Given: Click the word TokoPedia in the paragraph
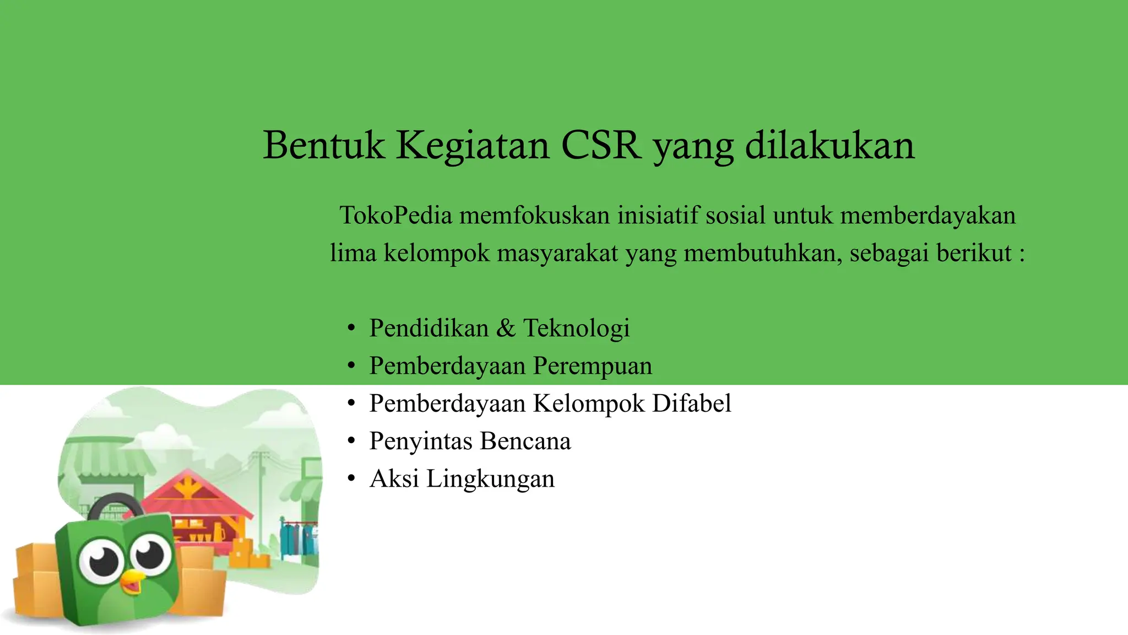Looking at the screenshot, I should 396,215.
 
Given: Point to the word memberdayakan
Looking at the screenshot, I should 928,215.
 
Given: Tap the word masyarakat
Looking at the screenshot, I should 557,253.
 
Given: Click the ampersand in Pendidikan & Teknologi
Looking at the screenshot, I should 506,328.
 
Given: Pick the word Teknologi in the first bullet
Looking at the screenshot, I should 576,328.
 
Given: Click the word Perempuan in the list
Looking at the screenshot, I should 593,366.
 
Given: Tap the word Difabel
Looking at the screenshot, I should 692,403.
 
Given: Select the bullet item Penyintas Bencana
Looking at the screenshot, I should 470,441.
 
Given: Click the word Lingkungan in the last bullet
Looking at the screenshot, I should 490,479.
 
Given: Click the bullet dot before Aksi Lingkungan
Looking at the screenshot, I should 351,479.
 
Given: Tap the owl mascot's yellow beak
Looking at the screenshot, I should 132,582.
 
